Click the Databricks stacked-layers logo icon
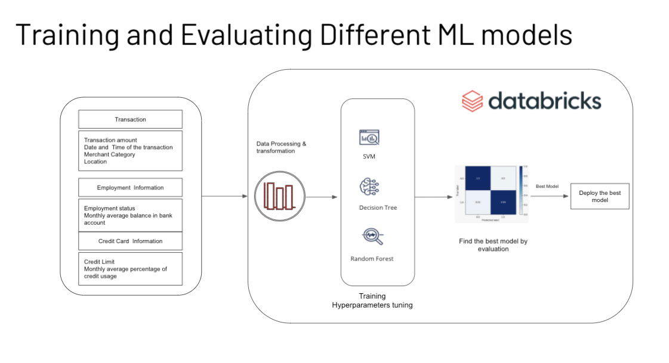click(472, 100)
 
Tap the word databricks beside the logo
click(544, 100)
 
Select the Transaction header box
click(130, 119)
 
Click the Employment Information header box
click(130, 188)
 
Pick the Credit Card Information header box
click(130, 241)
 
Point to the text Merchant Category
click(110, 154)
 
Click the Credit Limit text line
click(100, 262)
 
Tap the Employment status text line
click(110, 208)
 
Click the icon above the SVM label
click(369, 137)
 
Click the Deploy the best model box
click(600, 197)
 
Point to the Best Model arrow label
click(547, 187)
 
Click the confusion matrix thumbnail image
click(490, 194)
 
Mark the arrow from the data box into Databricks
click(224, 196)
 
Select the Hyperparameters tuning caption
click(372, 305)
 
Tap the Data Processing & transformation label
click(282, 148)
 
